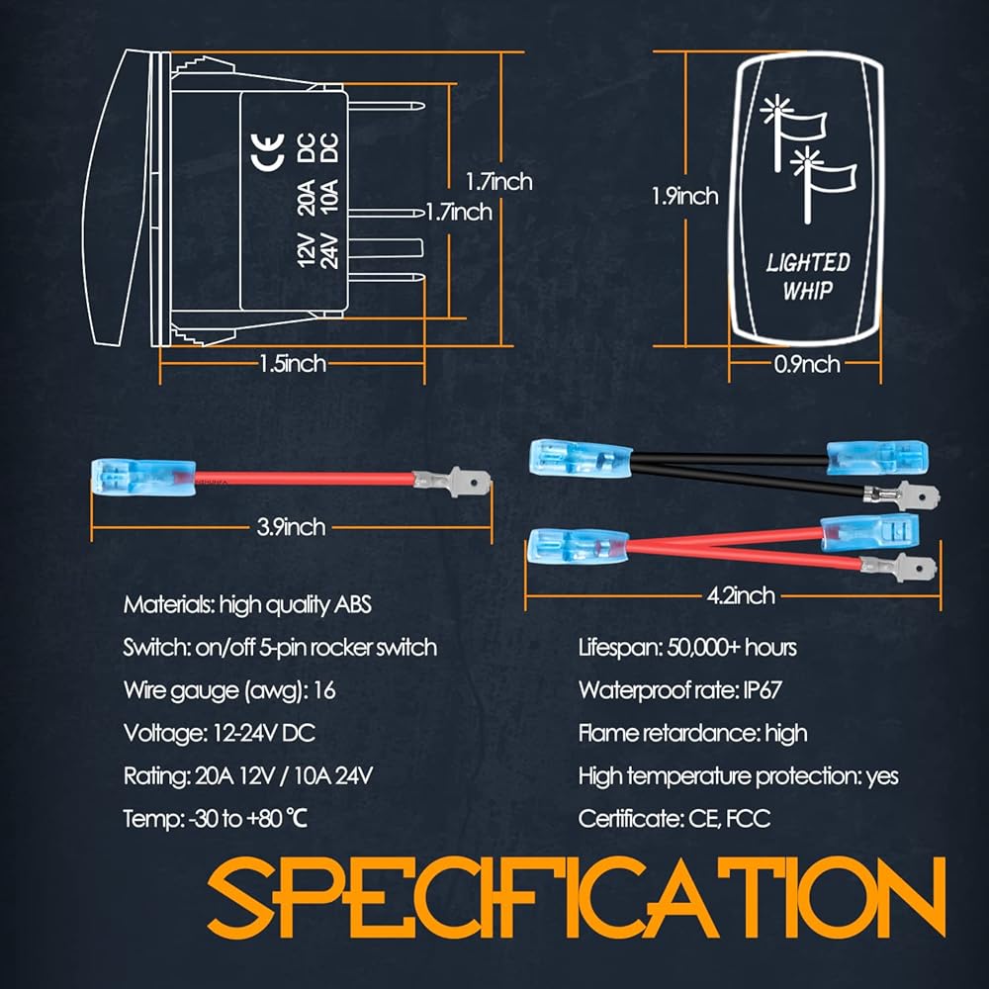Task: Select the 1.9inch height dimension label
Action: coord(683,196)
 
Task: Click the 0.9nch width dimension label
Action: coord(806,364)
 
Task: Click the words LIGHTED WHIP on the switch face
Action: coord(808,275)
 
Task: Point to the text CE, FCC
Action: coord(729,818)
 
